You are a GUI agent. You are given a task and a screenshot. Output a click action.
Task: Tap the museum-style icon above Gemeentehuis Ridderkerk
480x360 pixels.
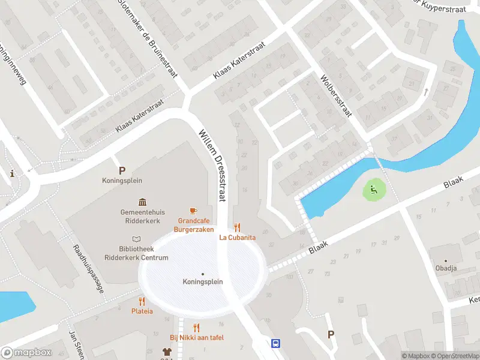(143, 202)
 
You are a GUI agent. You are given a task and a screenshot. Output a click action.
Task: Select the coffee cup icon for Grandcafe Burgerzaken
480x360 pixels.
(193, 211)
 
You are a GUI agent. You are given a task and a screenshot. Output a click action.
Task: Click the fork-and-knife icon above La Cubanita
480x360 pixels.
(238, 227)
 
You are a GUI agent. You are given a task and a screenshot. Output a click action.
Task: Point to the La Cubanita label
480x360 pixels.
(238, 238)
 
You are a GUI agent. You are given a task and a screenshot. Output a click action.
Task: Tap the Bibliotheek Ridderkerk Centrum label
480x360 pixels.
(143, 253)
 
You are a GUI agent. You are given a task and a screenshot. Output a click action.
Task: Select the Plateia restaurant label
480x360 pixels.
(142, 311)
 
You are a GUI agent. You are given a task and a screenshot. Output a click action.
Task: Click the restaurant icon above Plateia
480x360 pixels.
(142, 301)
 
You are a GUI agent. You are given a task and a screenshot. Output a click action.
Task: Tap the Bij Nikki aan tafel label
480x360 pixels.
(197, 338)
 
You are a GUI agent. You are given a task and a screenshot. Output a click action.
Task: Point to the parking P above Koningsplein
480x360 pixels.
(122, 170)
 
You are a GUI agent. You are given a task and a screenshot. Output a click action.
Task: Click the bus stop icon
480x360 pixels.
(275, 344)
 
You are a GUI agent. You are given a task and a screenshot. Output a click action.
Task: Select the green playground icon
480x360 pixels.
(373, 191)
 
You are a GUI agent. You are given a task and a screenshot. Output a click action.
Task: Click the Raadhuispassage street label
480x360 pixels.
(89, 268)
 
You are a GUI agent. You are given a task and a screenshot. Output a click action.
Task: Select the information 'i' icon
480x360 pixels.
(12, 173)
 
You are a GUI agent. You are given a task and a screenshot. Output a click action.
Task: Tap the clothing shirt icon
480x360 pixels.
(167, 352)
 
